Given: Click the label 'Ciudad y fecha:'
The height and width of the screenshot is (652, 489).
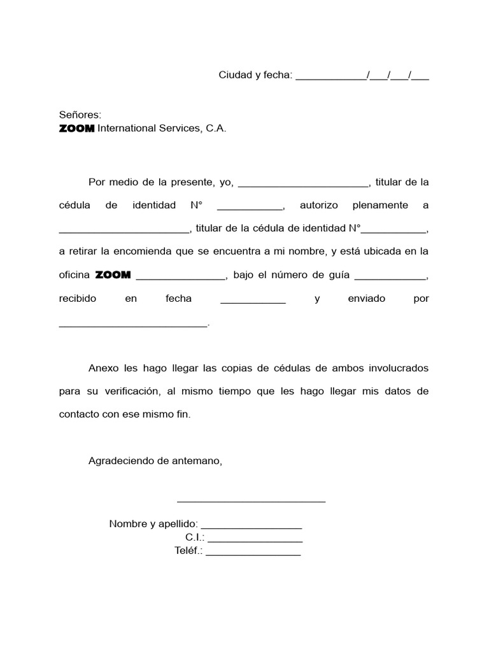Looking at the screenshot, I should pos(255,75).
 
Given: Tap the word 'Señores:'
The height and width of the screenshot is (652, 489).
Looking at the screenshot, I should pos(80,115).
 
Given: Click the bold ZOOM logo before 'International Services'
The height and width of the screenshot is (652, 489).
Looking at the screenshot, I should pos(76,129).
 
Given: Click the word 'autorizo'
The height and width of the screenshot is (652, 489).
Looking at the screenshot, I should pos(318,206).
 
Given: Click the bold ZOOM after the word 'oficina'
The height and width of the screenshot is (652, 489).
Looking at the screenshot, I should pos(113,275).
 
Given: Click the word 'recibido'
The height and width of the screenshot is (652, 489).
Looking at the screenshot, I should pos(78,298).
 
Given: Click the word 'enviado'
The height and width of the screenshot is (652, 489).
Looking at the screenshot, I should pos(366,298).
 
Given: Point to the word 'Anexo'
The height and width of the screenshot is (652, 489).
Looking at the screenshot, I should pos(104,368).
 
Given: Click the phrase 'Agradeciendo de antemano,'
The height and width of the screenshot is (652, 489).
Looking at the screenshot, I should pos(155,460).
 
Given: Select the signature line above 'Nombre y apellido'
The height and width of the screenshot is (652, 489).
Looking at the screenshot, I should pos(251,501).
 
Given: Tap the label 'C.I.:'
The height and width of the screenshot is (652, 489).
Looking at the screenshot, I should pos(195,538).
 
